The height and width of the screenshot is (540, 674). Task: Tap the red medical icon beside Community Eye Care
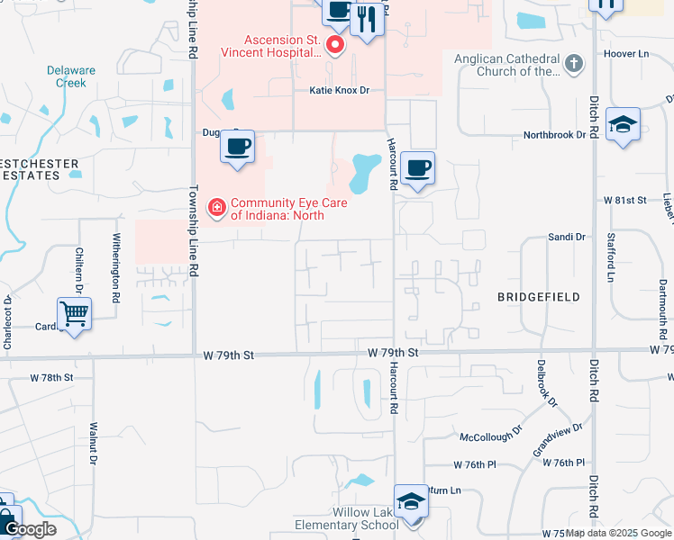[x=216, y=209]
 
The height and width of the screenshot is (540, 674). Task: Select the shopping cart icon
[x=74, y=314]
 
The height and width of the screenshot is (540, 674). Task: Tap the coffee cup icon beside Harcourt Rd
[x=417, y=168]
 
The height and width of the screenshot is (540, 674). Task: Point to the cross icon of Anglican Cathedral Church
[x=574, y=63]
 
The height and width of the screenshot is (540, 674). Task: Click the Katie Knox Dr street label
[x=340, y=91]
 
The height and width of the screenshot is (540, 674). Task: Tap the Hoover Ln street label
[x=630, y=54]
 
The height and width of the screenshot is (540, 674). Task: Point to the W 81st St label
[x=626, y=199]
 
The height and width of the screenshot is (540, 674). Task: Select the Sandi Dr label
[x=567, y=237]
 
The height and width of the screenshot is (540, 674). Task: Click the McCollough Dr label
[x=491, y=435]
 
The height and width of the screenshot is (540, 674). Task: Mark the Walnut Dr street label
[x=93, y=445]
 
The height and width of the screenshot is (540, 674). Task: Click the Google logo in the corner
[x=29, y=529]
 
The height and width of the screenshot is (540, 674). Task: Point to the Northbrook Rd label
[x=555, y=136]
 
